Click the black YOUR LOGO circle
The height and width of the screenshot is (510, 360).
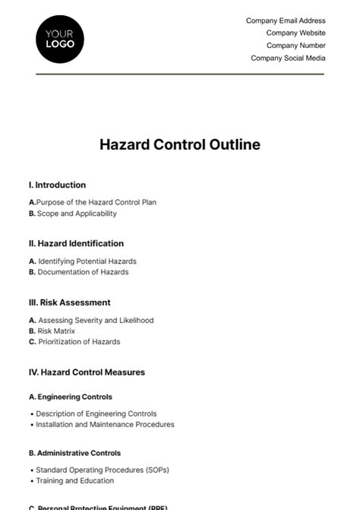(x=60, y=38)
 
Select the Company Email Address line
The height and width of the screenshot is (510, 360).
(x=286, y=21)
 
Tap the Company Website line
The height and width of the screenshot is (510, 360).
(x=295, y=33)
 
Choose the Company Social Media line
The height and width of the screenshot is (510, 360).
(x=288, y=58)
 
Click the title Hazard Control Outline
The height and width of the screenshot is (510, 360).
(x=179, y=144)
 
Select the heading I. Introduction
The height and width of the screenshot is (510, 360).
(x=57, y=185)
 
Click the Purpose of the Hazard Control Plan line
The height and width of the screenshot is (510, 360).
(x=93, y=202)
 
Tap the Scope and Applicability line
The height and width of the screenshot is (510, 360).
(x=73, y=214)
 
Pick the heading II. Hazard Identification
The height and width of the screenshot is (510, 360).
(x=76, y=243)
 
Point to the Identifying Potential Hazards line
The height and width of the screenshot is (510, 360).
(x=83, y=261)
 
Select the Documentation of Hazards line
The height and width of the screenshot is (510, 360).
(x=78, y=272)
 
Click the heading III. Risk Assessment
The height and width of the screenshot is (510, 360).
(x=69, y=302)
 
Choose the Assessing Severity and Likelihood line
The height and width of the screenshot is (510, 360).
(x=91, y=320)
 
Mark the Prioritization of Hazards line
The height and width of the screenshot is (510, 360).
(x=74, y=342)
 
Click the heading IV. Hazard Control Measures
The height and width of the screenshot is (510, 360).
(x=87, y=372)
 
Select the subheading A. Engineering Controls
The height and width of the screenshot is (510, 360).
(x=70, y=397)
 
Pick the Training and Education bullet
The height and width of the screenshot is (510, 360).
(x=74, y=480)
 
